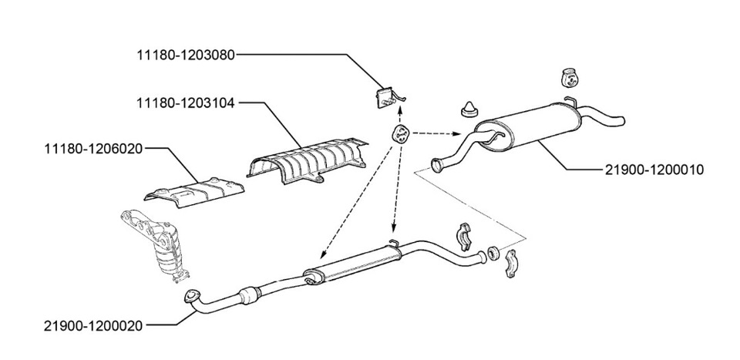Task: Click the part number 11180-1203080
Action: (x=186, y=55)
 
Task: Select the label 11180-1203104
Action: (x=186, y=103)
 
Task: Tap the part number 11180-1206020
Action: (x=93, y=149)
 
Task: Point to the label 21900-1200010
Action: (x=654, y=170)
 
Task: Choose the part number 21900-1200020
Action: (x=93, y=325)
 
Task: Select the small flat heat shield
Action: (x=194, y=191)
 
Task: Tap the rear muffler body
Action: (x=527, y=126)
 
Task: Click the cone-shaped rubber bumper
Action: (x=469, y=109)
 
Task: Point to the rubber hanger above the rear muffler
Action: (x=570, y=78)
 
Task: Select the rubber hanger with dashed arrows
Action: (x=400, y=133)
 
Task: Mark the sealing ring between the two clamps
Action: (x=493, y=253)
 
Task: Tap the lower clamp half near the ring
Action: (x=511, y=264)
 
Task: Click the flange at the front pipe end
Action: (x=190, y=296)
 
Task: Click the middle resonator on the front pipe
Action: (x=352, y=265)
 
